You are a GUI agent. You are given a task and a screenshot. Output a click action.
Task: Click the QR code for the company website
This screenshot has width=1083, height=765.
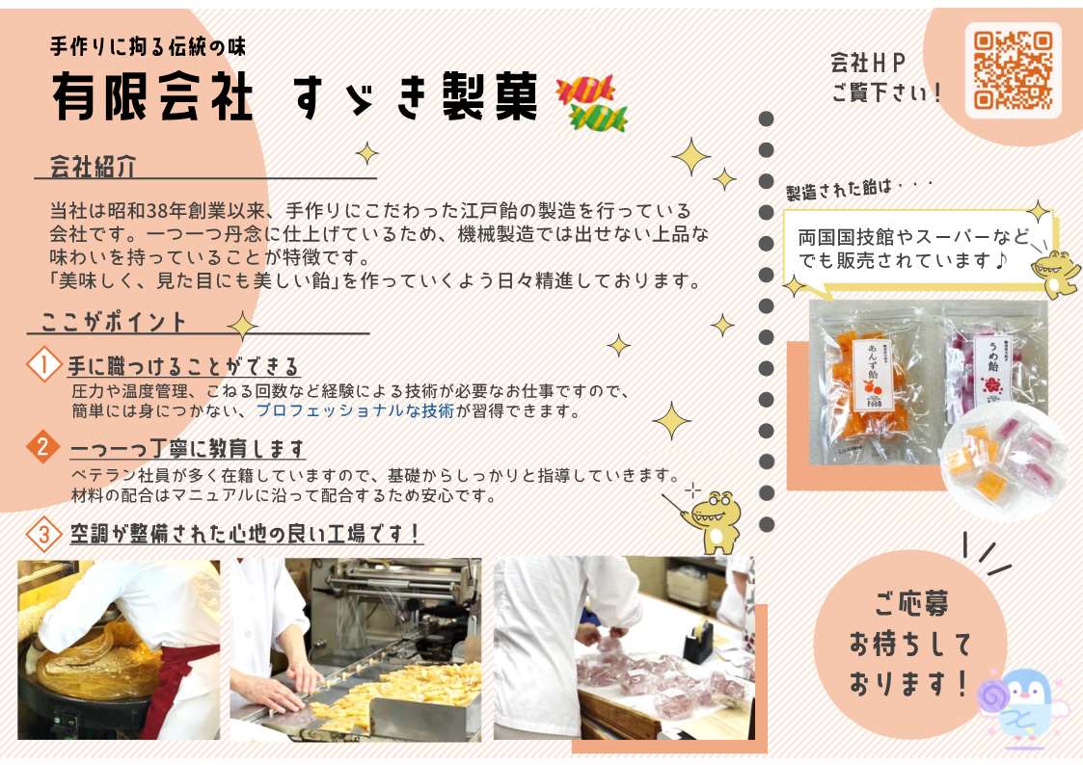tap(1013, 70)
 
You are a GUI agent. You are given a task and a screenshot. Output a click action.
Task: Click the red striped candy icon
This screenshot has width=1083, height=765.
tap(585, 90)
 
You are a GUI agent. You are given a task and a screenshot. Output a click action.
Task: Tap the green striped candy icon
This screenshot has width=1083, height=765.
tap(599, 118)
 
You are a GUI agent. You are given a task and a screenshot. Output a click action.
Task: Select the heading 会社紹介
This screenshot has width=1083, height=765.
tap(93, 167)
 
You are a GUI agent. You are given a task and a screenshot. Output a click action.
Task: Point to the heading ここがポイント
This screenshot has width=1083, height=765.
tap(113, 322)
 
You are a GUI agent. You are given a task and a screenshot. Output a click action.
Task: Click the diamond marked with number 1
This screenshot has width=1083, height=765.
tap(43, 364)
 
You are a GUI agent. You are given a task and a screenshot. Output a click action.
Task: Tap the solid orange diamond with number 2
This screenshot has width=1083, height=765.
tap(42, 446)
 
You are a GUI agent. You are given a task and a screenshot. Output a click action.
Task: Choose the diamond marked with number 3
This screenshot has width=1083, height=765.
tap(43, 534)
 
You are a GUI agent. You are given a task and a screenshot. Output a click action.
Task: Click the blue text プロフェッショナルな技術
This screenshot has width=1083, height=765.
tap(355, 411)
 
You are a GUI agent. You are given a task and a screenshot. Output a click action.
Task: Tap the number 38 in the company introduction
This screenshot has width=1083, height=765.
tap(165, 210)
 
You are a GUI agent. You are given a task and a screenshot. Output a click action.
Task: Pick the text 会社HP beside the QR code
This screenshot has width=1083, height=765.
tap(868, 63)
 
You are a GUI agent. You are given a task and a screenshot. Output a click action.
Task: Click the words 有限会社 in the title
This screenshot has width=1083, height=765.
tap(152, 96)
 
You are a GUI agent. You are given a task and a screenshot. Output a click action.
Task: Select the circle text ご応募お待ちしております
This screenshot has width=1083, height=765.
tap(909, 643)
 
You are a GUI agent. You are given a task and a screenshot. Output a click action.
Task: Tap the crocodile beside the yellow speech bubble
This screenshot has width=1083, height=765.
tap(1054, 272)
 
